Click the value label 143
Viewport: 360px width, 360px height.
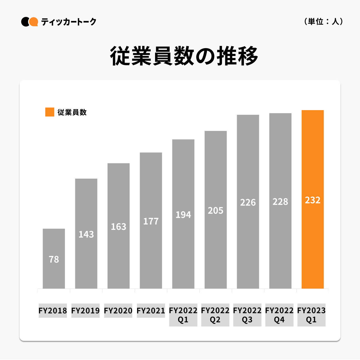tap(86, 234)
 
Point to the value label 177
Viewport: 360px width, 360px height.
tap(151, 221)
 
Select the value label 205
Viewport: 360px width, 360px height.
tap(216, 211)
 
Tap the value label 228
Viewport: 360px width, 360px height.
tap(280, 202)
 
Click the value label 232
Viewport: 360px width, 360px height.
tap(312, 200)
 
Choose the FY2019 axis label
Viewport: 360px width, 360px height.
tap(85, 311)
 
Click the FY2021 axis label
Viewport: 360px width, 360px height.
tap(151, 311)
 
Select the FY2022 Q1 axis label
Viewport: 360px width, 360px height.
tap(183, 315)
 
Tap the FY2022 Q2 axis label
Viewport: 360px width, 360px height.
tap(215, 315)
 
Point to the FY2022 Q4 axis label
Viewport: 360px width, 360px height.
tap(279, 315)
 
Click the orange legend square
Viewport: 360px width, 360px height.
tap(50, 112)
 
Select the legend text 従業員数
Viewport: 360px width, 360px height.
tap(72, 112)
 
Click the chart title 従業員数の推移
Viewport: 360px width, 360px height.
tap(184, 56)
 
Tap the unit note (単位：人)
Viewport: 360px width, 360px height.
tap(324, 22)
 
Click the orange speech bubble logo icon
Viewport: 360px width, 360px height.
tap(34, 22)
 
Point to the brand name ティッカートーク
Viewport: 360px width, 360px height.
tap(69, 22)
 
